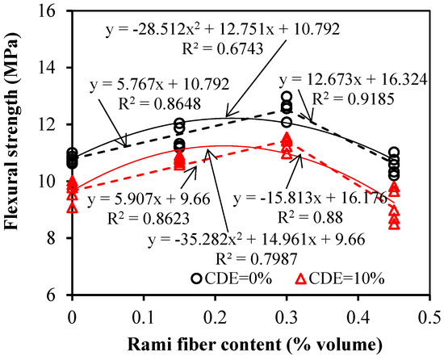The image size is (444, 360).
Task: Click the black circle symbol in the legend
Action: (197, 278)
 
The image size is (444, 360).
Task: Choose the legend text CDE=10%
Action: (348, 278)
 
